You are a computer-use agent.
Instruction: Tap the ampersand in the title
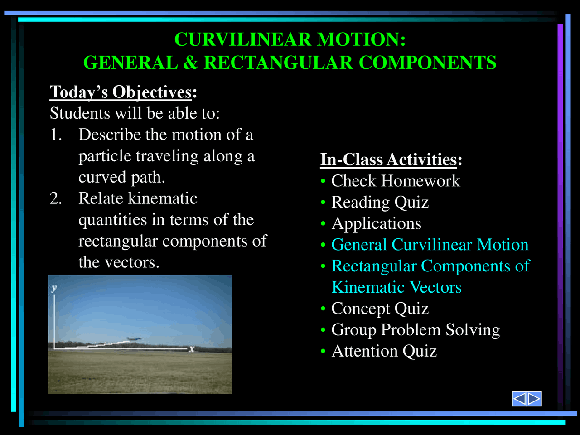(x=190, y=63)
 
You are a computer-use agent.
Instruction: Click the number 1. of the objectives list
(x=56, y=135)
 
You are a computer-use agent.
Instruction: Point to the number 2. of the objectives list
(x=56, y=199)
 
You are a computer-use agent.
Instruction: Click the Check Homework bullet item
(x=395, y=181)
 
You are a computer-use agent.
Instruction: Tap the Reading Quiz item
(x=380, y=203)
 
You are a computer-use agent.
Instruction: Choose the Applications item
(x=376, y=224)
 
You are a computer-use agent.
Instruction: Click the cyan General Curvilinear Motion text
(x=430, y=245)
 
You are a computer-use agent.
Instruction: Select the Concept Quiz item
(x=380, y=309)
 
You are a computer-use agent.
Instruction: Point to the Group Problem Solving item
(x=415, y=330)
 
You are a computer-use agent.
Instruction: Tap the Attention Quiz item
(x=384, y=352)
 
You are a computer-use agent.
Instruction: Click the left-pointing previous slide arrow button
(x=519, y=399)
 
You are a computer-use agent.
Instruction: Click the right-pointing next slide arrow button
(x=534, y=399)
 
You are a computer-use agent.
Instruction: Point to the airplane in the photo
(x=133, y=339)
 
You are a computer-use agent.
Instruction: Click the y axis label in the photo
(x=54, y=288)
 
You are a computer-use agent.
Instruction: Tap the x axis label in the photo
(x=192, y=349)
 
